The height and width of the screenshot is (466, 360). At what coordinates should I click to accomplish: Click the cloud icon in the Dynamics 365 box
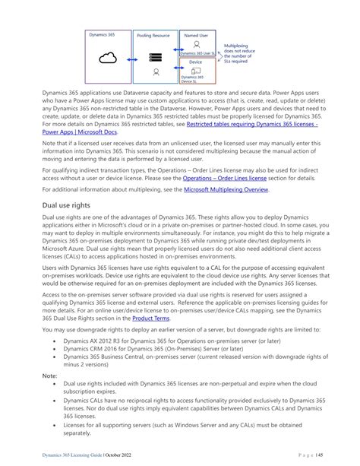pyautogui.click(x=106, y=59)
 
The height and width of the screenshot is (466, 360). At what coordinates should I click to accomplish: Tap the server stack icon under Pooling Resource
pyautogui.click(x=156, y=56)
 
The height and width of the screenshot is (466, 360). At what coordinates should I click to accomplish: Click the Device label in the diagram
pyautogui.click(x=197, y=62)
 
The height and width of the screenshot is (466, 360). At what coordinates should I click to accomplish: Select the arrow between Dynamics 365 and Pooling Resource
pyautogui.click(x=130, y=58)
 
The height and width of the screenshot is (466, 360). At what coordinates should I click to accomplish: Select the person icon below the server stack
pyautogui.click(x=156, y=73)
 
